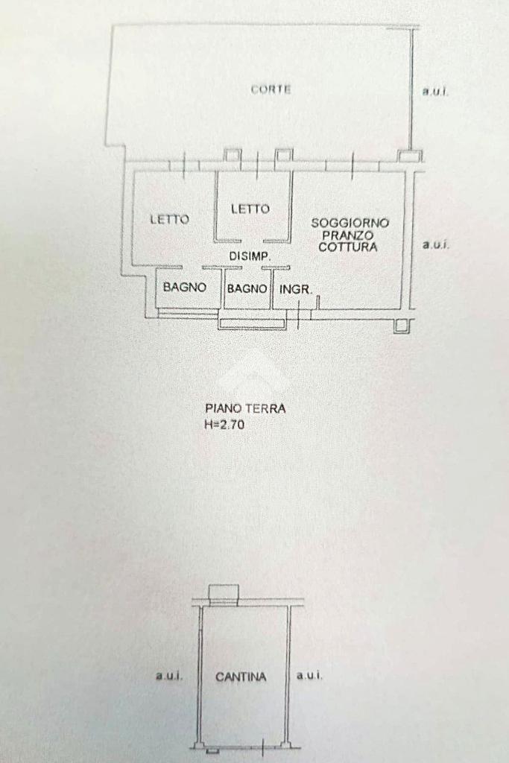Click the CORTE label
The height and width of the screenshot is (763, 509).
click(271, 89)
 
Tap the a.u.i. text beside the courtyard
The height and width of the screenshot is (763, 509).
click(435, 92)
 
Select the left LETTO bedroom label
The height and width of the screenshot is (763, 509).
click(169, 219)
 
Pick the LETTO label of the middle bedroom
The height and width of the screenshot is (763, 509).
click(250, 209)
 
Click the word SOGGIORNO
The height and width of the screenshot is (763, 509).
click(350, 222)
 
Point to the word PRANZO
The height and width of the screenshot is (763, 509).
click(347, 235)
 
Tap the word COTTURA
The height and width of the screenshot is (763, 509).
click(348, 247)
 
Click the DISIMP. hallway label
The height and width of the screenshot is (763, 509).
click(249, 257)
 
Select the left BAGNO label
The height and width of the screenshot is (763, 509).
click(184, 287)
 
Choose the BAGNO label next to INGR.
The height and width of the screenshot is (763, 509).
click(247, 288)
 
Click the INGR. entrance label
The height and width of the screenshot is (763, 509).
click(295, 288)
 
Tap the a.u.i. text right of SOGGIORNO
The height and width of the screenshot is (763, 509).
click(435, 244)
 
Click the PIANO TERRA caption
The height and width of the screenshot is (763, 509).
click(245, 408)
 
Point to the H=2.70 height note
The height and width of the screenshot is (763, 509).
click(224, 425)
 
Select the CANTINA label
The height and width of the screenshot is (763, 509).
click(241, 677)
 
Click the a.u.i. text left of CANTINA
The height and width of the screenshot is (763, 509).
click(169, 676)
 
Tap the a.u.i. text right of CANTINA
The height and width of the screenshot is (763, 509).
click(309, 676)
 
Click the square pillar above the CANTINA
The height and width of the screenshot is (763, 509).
click(224, 593)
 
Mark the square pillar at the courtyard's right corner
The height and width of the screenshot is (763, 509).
click(408, 156)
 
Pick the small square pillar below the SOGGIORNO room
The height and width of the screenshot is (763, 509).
click(402, 326)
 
